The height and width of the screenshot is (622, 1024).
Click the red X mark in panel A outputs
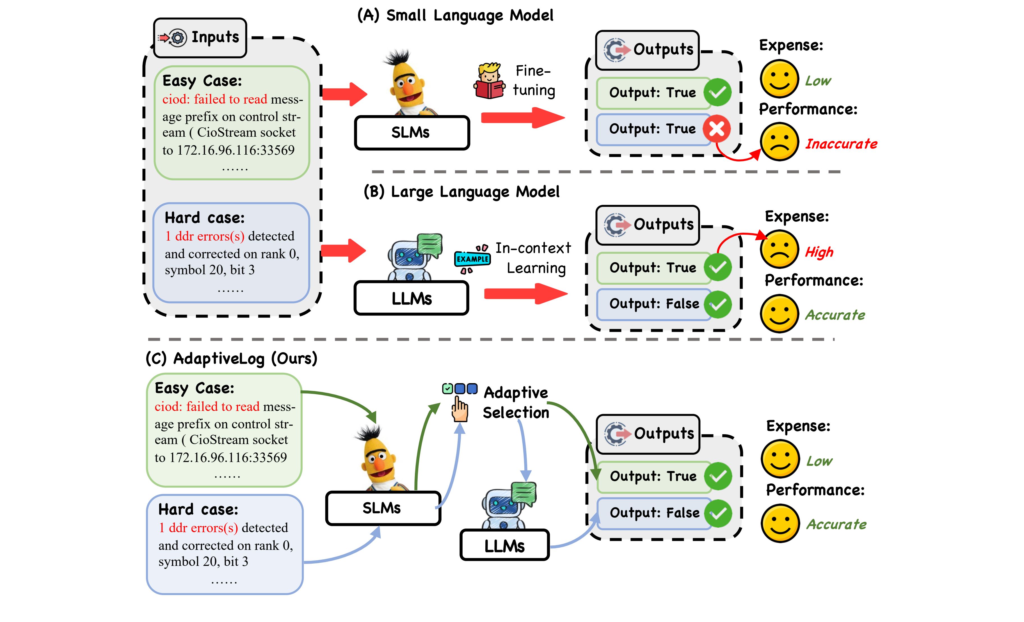coord(716,129)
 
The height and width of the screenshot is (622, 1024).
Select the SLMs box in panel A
coord(412,132)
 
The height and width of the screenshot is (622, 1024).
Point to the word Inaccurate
coord(841,144)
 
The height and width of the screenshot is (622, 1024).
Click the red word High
coord(819,252)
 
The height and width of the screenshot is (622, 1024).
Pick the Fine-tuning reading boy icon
coord(489,81)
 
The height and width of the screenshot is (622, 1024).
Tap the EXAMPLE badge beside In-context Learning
coord(472,259)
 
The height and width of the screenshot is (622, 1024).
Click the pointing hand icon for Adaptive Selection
coord(460,409)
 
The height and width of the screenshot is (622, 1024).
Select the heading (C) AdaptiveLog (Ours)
coord(232,358)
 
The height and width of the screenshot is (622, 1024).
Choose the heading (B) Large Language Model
coord(461,191)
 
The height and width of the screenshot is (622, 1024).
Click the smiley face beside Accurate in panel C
coord(780,523)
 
